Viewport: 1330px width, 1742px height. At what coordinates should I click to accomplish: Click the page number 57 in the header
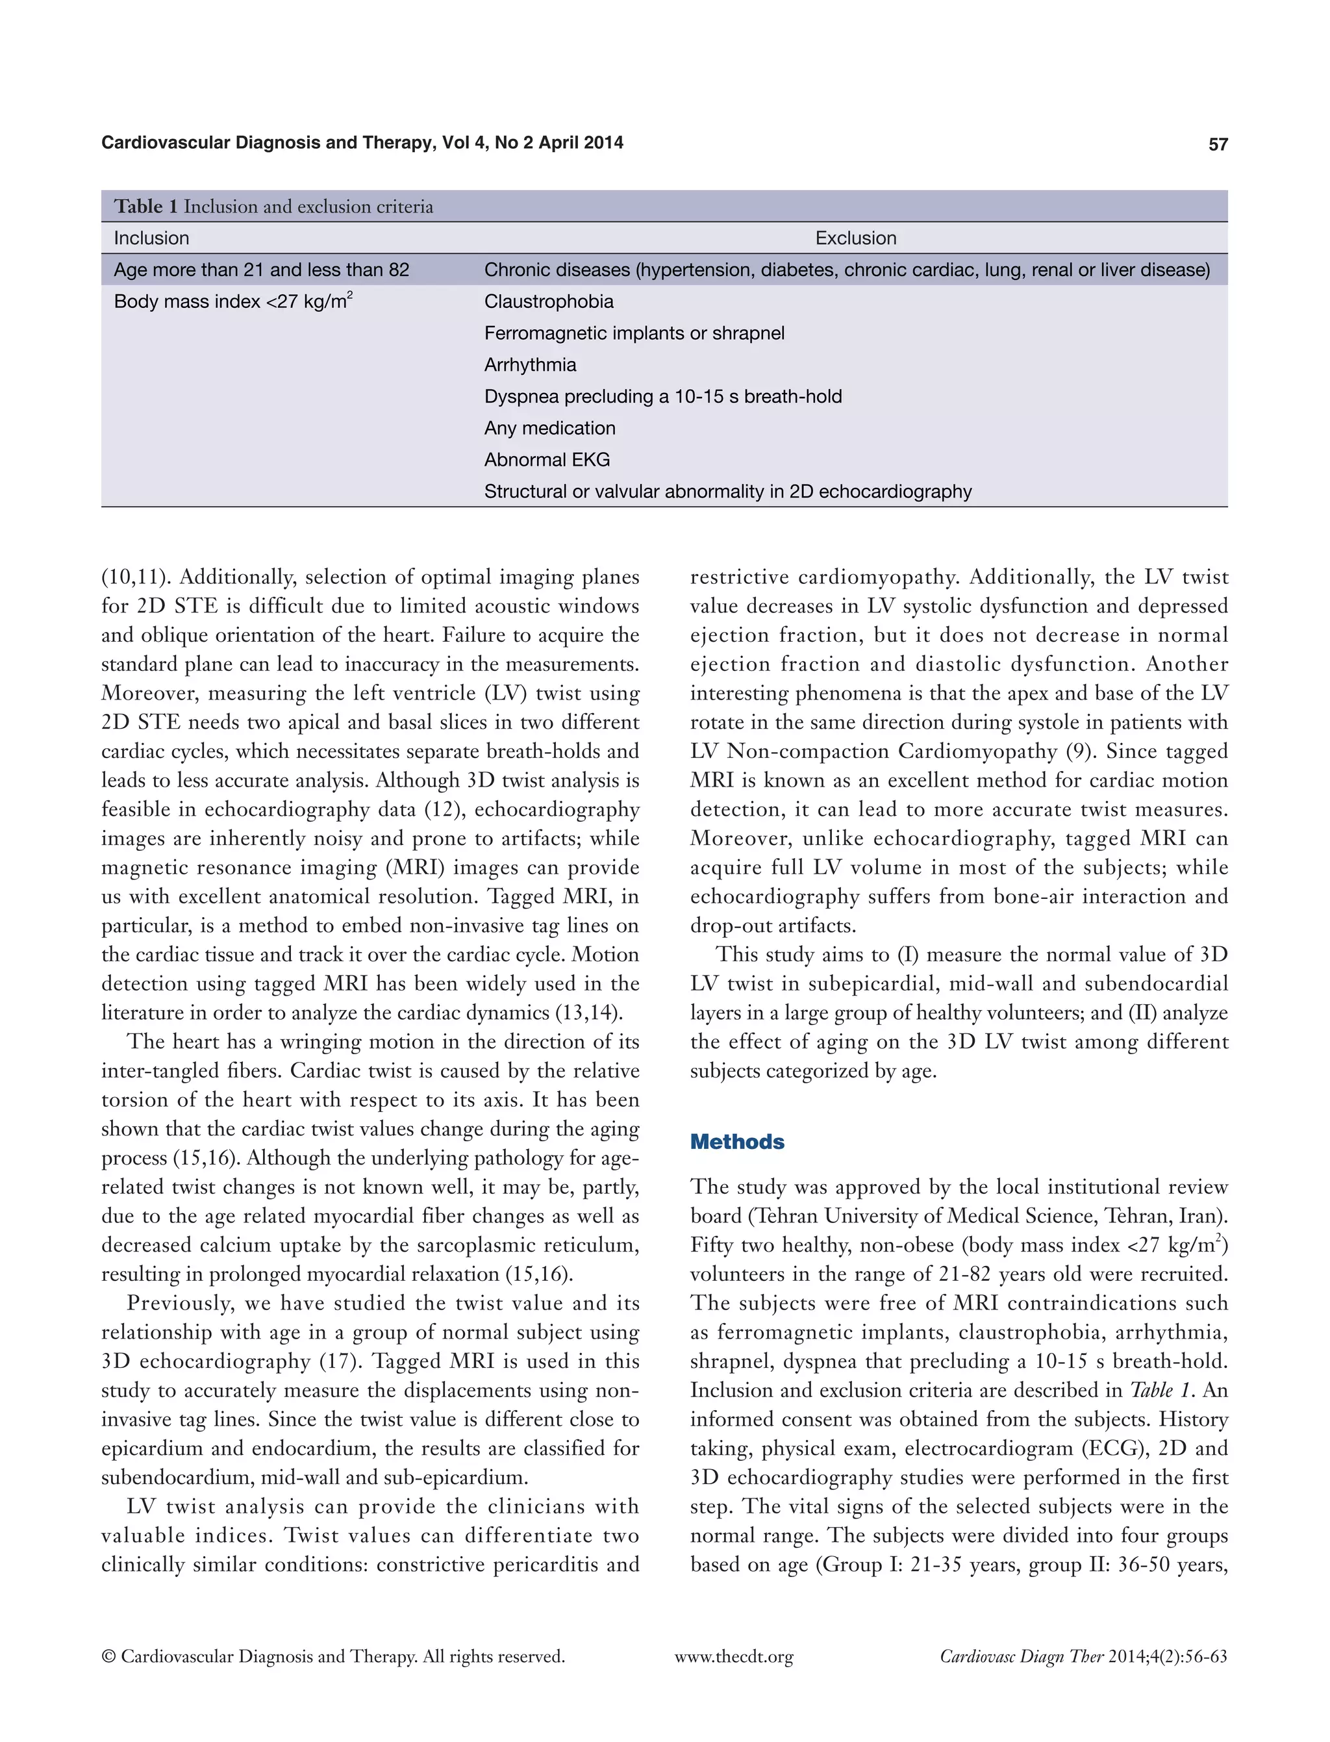click(x=1218, y=144)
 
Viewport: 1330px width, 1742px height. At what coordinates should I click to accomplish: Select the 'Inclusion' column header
click(x=151, y=238)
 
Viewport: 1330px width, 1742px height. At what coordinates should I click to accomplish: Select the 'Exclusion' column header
click(x=856, y=238)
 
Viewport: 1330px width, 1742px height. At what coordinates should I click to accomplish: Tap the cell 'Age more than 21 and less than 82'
click(x=261, y=270)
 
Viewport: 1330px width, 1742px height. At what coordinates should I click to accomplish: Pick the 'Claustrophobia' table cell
click(x=549, y=301)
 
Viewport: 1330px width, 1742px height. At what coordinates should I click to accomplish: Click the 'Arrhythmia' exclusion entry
click(x=530, y=365)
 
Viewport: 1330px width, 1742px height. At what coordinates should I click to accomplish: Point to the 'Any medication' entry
click(x=549, y=429)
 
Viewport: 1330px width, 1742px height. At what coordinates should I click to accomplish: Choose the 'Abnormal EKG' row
click(x=547, y=460)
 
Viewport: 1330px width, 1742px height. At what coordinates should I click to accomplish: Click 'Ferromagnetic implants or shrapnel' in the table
click(x=634, y=333)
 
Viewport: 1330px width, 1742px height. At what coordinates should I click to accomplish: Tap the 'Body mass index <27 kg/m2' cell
click(x=232, y=301)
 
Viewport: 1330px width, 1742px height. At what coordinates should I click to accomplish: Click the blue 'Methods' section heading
click(x=737, y=1142)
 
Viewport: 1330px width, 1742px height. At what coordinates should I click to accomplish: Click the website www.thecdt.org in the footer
click(x=734, y=1656)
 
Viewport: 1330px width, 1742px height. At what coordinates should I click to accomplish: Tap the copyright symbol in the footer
click(x=109, y=1656)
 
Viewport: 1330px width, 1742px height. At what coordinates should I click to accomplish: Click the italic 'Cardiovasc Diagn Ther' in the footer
click(x=1022, y=1656)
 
